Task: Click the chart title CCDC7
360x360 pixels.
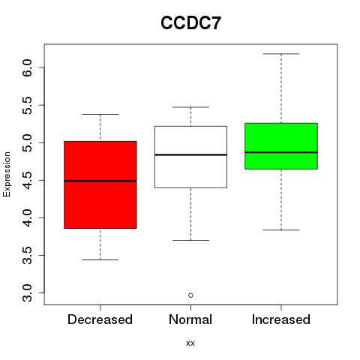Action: tap(190, 23)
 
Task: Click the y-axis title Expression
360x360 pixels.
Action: tap(7, 174)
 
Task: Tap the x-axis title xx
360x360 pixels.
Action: tap(190, 343)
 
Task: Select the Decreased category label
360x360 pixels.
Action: tap(100, 319)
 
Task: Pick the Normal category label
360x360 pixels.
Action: tap(190, 319)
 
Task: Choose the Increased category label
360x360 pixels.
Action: tap(281, 319)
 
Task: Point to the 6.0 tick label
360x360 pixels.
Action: tap(27, 67)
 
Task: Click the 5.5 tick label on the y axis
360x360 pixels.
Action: tap(27, 105)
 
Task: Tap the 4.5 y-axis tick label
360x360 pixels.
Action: tap(27, 180)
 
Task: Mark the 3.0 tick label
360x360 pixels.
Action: tap(27, 292)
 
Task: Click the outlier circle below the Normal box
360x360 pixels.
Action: tap(190, 295)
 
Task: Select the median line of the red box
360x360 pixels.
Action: tap(100, 181)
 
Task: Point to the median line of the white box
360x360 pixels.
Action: tap(190, 154)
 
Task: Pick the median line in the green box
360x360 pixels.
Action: tap(281, 152)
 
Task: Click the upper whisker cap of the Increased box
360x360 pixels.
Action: tap(281, 54)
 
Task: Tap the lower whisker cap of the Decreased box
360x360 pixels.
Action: tap(100, 259)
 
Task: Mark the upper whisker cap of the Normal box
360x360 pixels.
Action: tap(190, 107)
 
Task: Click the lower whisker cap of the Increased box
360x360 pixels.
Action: tap(281, 229)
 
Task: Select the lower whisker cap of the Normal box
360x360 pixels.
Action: tap(190, 240)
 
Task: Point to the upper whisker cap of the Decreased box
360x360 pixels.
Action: tap(100, 114)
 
